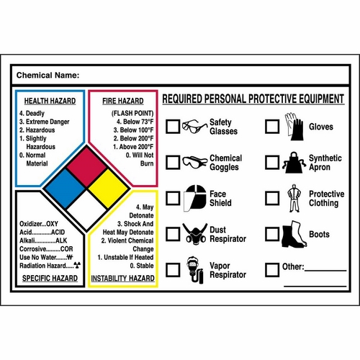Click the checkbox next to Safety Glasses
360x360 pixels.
[x=173, y=127]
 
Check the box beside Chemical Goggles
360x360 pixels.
[x=173, y=163]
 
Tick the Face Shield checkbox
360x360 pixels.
[x=173, y=198]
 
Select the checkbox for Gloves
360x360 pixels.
[x=272, y=127]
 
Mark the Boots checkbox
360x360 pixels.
[x=272, y=234]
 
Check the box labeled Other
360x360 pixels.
[x=272, y=270]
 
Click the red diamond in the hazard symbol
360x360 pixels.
[x=86, y=163]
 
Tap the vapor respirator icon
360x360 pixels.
[x=192, y=269]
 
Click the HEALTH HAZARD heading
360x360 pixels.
[x=50, y=102]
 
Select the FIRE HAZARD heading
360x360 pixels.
[x=122, y=102]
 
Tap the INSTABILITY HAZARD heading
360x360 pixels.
[x=122, y=277]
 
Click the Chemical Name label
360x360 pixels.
[x=48, y=75]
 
